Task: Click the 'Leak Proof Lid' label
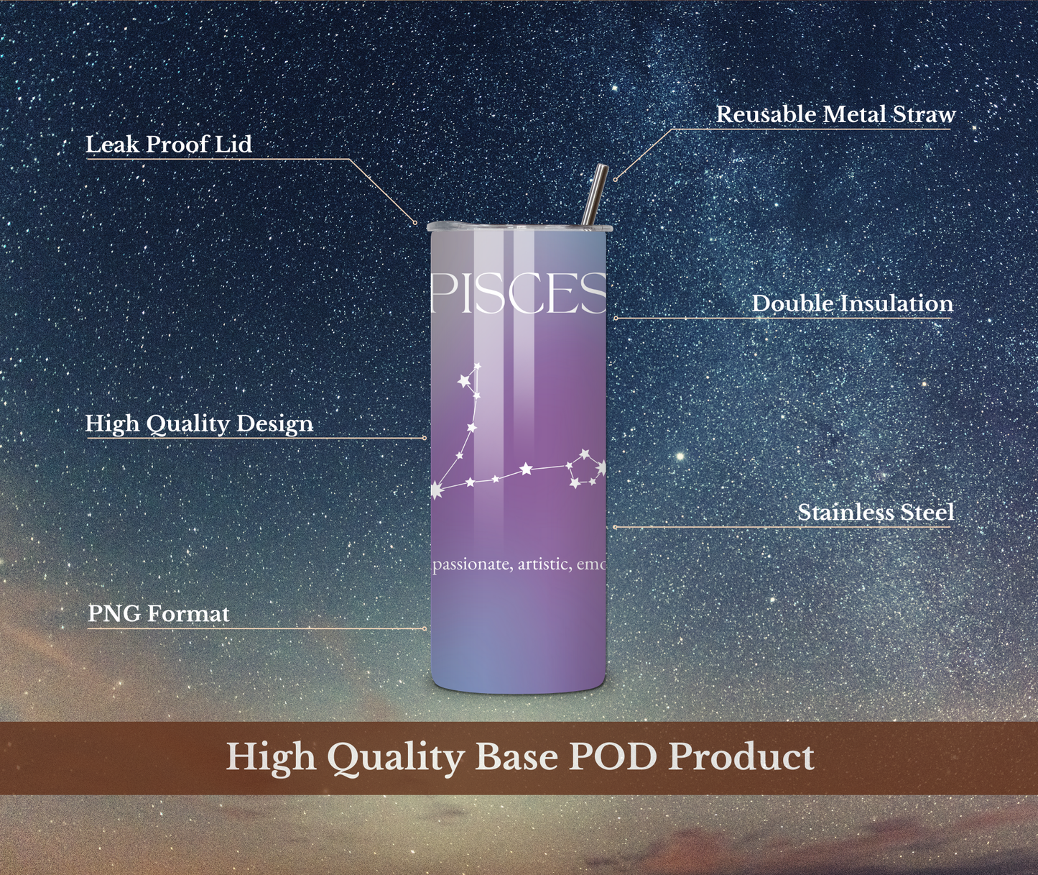169,145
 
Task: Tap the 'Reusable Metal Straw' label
835,114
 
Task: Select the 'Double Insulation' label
852,303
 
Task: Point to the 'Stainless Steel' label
876,512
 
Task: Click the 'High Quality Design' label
200,424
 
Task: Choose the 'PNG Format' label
159,614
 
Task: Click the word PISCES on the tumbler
519,294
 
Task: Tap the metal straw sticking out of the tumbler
594,196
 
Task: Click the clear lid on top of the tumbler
518,226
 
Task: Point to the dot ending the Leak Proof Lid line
416,223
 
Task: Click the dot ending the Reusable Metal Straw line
615,179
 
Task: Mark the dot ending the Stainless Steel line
615,526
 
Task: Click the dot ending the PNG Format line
425,628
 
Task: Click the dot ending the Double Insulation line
615,318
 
